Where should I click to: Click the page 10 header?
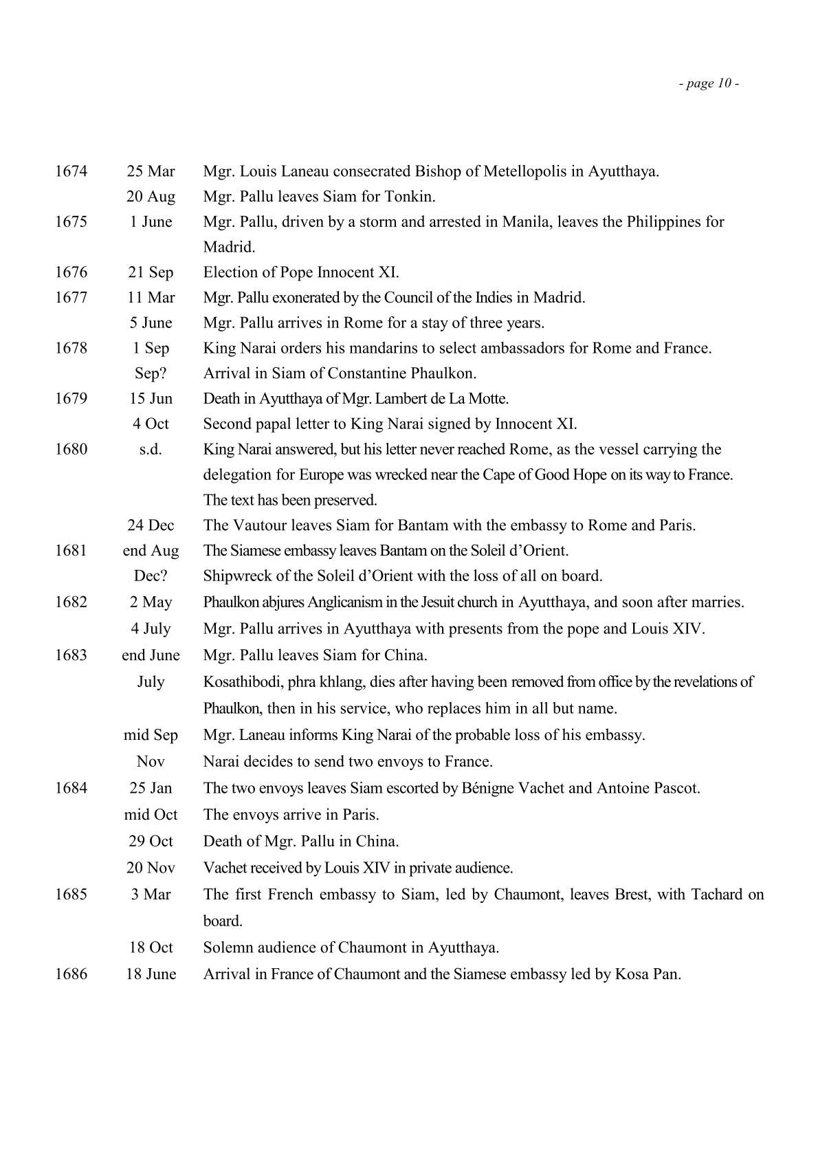coord(709,84)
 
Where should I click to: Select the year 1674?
coord(71,171)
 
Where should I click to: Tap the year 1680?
coord(71,450)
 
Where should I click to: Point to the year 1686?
coord(71,974)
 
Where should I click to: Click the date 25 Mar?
coord(151,171)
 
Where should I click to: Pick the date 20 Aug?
coord(151,197)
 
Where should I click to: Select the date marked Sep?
coord(151,373)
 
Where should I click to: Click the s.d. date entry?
coord(151,450)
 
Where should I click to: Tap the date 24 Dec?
coord(151,525)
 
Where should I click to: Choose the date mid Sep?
coord(151,735)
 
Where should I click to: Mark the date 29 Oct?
coord(151,841)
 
